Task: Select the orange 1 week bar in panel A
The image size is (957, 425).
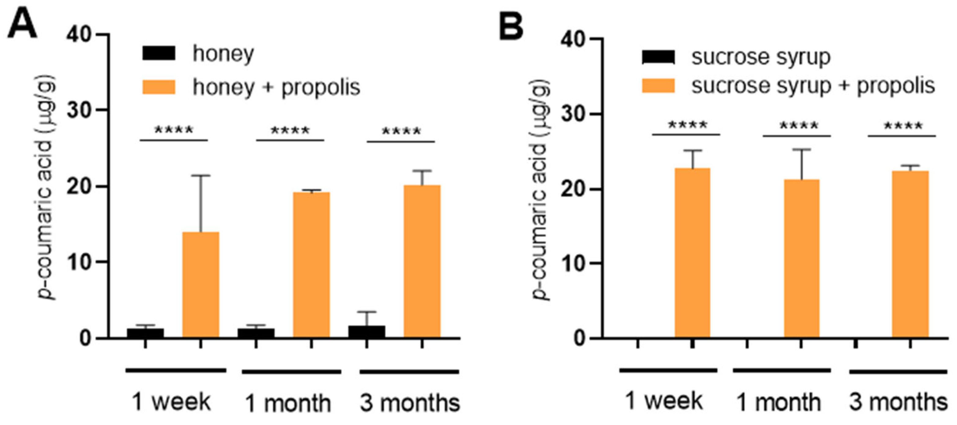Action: pos(201,284)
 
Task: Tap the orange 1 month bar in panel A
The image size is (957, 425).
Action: pos(311,265)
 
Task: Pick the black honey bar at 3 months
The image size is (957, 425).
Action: pos(367,332)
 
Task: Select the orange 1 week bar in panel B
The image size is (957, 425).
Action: pos(692,253)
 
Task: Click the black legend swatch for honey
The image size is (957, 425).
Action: pos(159,53)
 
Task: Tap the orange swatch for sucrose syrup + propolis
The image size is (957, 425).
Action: pos(658,85)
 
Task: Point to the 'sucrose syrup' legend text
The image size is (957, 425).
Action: pos(760,57)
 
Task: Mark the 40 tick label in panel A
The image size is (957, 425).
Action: pos(79,35)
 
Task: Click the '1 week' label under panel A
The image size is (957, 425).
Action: pos(171,402)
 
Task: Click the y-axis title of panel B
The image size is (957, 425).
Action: pos(540,190)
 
